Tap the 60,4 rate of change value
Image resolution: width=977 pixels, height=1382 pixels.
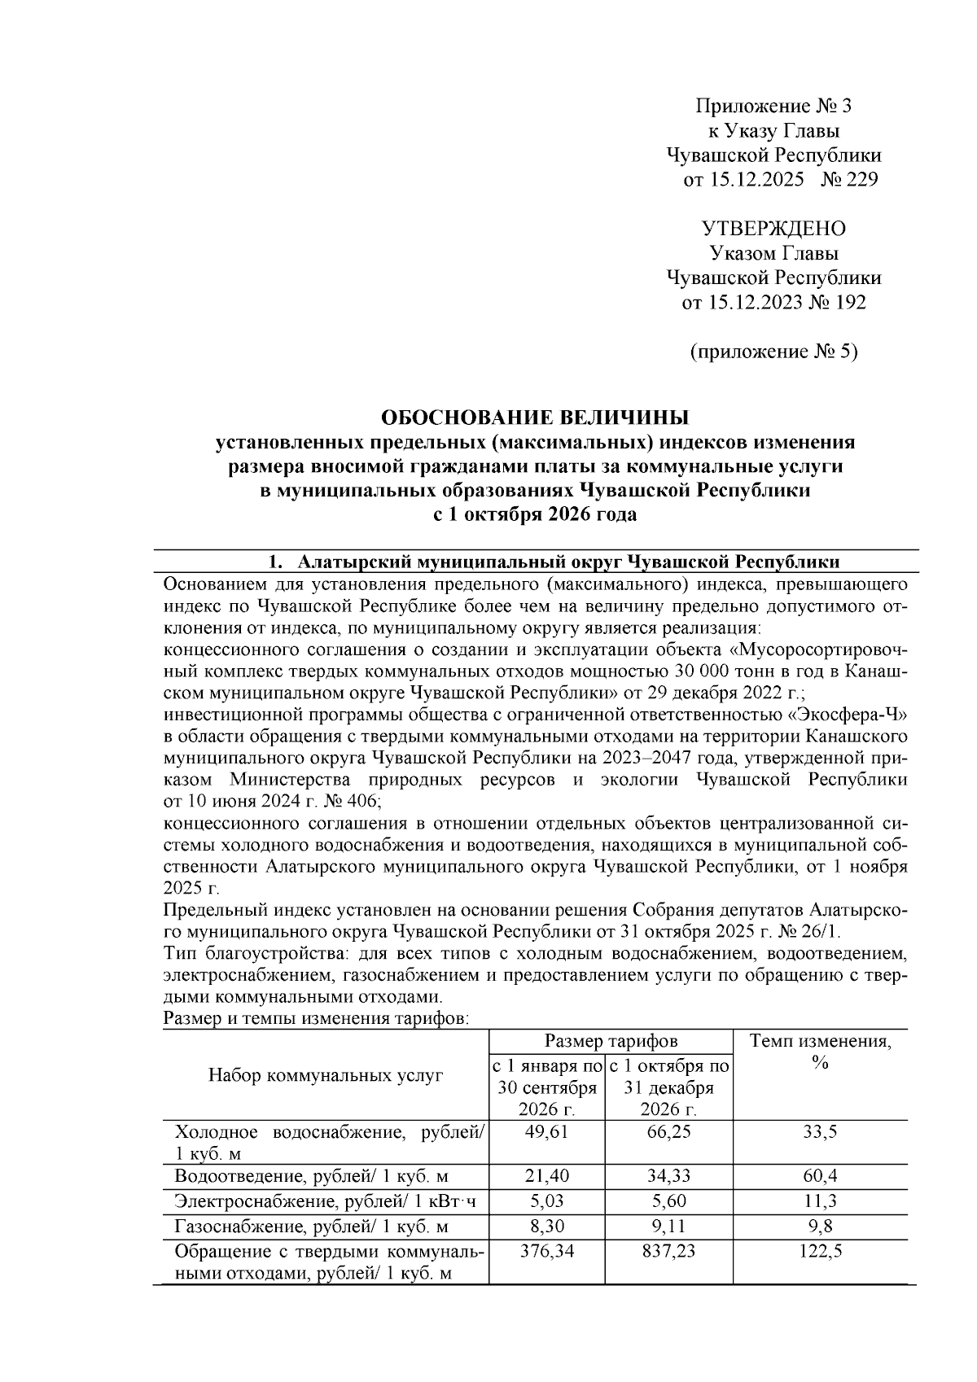(820, 1176)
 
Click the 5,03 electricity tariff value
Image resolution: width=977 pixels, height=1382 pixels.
(546, 1201)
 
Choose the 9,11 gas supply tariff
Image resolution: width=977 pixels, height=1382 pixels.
(668, 1227)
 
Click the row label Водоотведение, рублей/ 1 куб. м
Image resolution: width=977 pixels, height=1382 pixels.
(313, 1177)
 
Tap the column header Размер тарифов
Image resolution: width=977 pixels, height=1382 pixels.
(611, 1041)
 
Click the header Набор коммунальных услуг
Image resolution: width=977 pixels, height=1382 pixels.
(326, 1075)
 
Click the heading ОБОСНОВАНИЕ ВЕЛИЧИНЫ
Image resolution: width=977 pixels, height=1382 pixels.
(535, 418)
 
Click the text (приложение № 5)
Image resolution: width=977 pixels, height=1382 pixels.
(773, 352)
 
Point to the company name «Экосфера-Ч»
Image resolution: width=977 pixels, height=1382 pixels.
(847, 715)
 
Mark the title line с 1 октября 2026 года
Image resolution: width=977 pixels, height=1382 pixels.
(535, 515)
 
